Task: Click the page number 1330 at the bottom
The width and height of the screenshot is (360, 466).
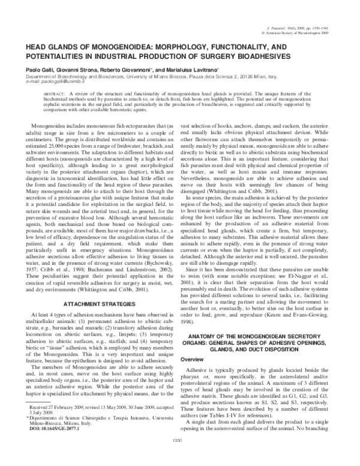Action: click(180, 458)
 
